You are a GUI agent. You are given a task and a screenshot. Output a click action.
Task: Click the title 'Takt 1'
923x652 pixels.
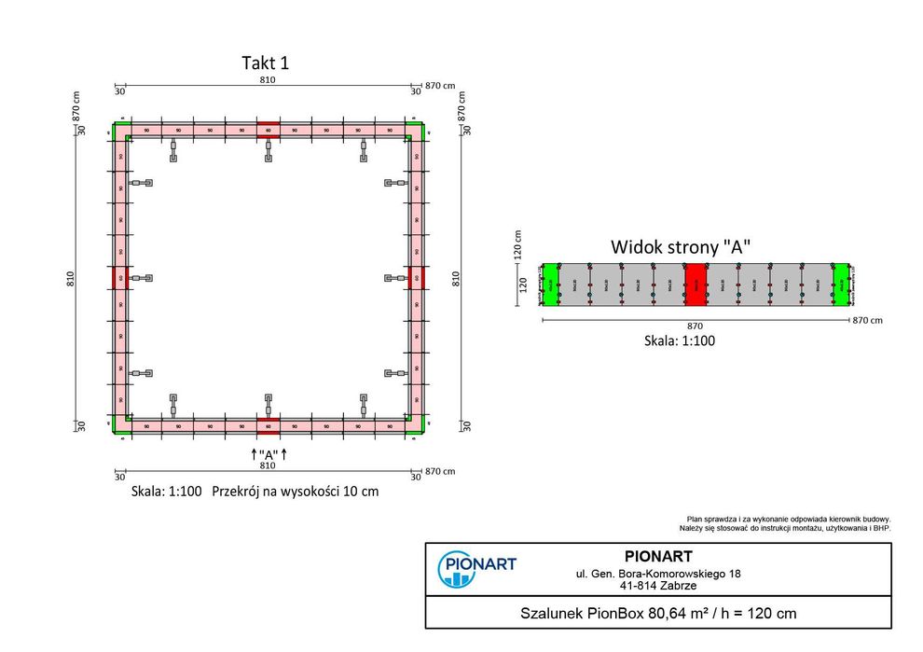pos(266,63)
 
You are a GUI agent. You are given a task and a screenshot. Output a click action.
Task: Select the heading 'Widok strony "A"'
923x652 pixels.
pos(681,247)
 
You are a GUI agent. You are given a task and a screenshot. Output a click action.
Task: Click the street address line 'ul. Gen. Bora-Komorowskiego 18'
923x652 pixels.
pos(657,574)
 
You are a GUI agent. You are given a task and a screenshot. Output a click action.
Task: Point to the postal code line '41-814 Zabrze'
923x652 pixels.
pos(657,587)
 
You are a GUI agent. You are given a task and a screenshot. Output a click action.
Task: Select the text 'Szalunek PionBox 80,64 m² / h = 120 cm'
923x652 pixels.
pos(657,614)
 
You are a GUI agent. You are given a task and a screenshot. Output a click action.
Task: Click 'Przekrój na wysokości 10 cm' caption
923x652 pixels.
pos(296,491)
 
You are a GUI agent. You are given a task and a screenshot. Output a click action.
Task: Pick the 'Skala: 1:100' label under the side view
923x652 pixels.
pos(680,340)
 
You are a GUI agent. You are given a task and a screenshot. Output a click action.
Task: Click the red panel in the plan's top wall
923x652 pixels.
pos(269,131)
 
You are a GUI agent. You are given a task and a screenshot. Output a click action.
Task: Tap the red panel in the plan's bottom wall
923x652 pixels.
pos(269,425)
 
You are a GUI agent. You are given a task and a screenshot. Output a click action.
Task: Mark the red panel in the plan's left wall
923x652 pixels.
pos(121,278)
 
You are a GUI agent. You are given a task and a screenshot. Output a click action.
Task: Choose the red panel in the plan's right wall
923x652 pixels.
pos(416,278)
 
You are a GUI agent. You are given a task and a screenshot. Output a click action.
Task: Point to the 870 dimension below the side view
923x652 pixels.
pos(695,326)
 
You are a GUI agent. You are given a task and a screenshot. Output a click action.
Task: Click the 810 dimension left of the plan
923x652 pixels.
pos(70,278)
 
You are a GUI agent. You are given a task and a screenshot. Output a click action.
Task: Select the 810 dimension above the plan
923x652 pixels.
pos(269,82)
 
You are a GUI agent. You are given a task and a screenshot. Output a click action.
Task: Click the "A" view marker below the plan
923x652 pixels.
pos(269,453)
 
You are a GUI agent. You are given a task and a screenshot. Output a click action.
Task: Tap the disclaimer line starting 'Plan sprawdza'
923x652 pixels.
pos(789,519)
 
